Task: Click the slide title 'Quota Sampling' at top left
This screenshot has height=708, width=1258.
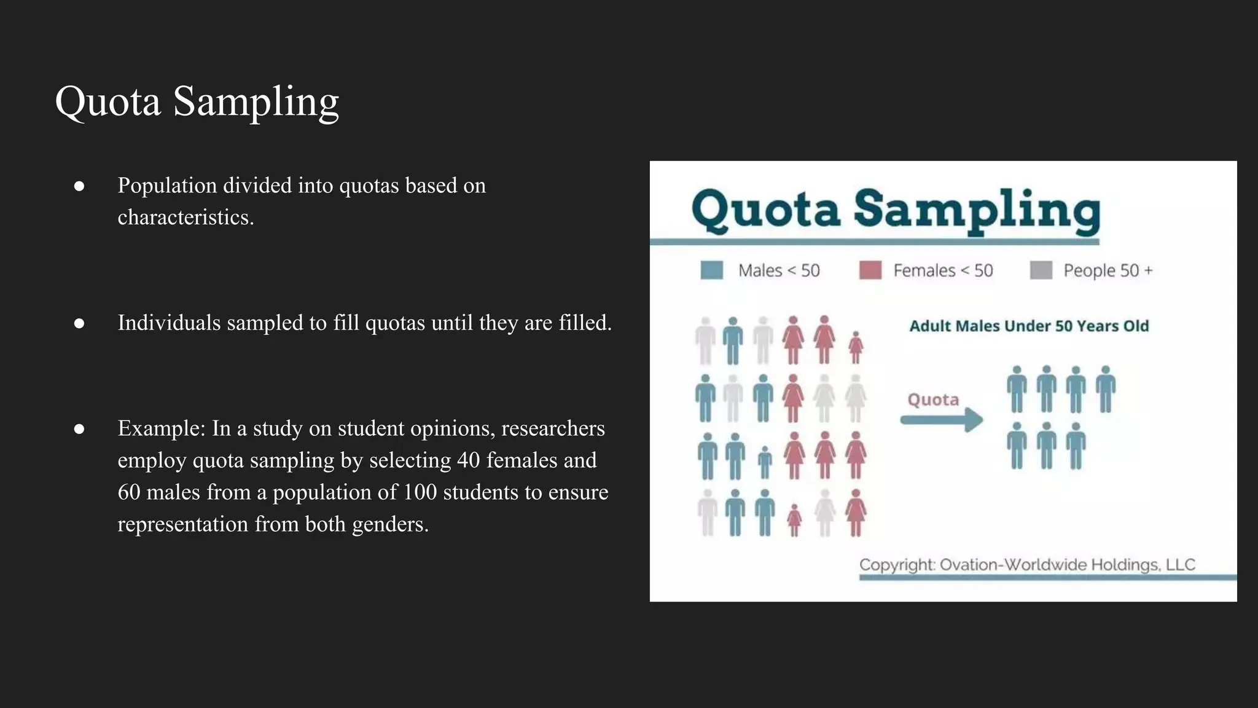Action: click(197, 101)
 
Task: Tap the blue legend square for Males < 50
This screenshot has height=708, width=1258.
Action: click(711, 270)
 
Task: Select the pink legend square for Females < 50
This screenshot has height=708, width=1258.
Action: click(870, 270)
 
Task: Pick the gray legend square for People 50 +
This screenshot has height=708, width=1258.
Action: click(1041, 270)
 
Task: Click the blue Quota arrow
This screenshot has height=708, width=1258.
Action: click(941, 420)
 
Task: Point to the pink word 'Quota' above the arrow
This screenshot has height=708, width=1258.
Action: click(933, 399)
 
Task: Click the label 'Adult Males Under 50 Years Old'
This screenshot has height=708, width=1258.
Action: click(1029, 326)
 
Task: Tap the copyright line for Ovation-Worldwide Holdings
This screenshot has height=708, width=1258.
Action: click(1027, 564)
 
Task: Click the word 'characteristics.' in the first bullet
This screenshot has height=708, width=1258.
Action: click(186, 217)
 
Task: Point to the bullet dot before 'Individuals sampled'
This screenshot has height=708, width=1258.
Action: click(79, 323)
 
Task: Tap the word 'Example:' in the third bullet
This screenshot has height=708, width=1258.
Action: click(162, 428)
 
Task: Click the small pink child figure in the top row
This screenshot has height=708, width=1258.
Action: click(856, 348)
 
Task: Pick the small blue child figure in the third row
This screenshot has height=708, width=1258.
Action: click(765, 462)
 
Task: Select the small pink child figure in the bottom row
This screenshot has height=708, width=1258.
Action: click(794, 520)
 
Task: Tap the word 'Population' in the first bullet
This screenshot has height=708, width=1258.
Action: click(167, 185)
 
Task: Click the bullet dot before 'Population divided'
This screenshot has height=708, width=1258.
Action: click(79, 186)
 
